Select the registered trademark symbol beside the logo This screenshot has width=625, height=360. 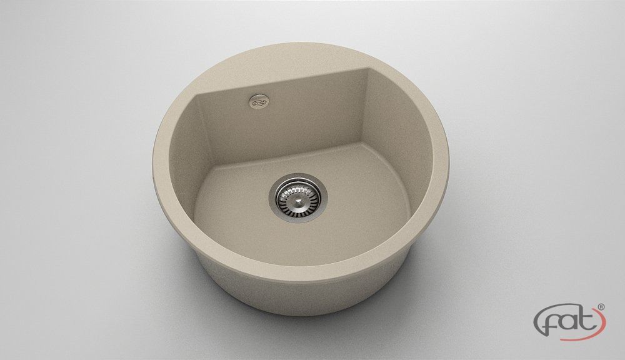click(601, 307)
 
